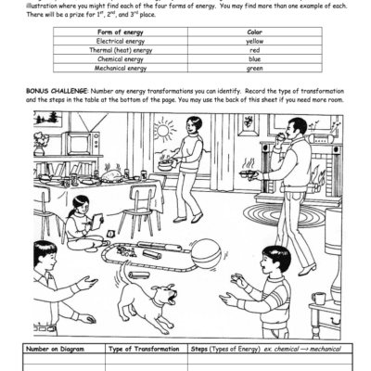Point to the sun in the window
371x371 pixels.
165,130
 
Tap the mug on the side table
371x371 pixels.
320,299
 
